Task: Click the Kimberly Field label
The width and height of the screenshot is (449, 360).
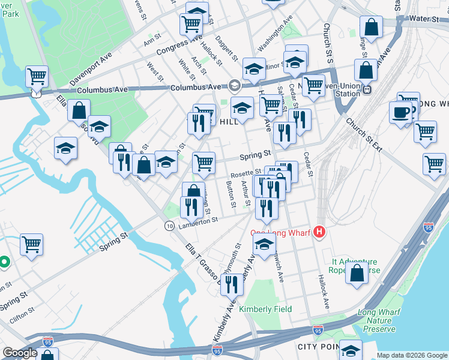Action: [x=265, y=309]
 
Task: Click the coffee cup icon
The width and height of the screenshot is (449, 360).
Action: [x=400, y=112]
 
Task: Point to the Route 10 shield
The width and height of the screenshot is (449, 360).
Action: [x=169, y=225]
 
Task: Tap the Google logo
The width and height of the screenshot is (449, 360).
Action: [x=20, y=353]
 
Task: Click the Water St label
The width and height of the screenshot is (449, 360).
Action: [x=425, y=19]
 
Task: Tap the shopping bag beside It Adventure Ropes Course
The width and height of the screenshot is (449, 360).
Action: [x=357, y=272]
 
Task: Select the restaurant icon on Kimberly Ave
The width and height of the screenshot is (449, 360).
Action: [x=231, y=284]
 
